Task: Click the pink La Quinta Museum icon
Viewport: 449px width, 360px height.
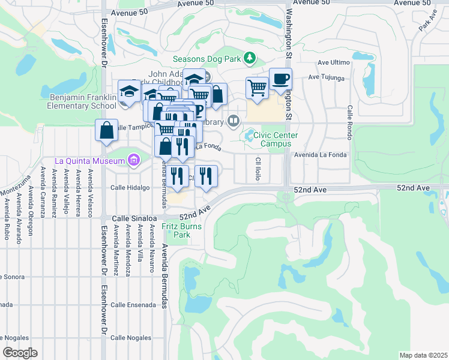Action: pyautogui.click(x=133, y=160)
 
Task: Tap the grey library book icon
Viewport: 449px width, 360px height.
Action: pyautogui.click(x=234, y=122)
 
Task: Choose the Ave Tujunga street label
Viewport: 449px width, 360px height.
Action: pyautogui.click(x=327, y=77)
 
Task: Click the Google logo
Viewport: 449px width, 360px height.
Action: pyautogui.click(x=20, y=353)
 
